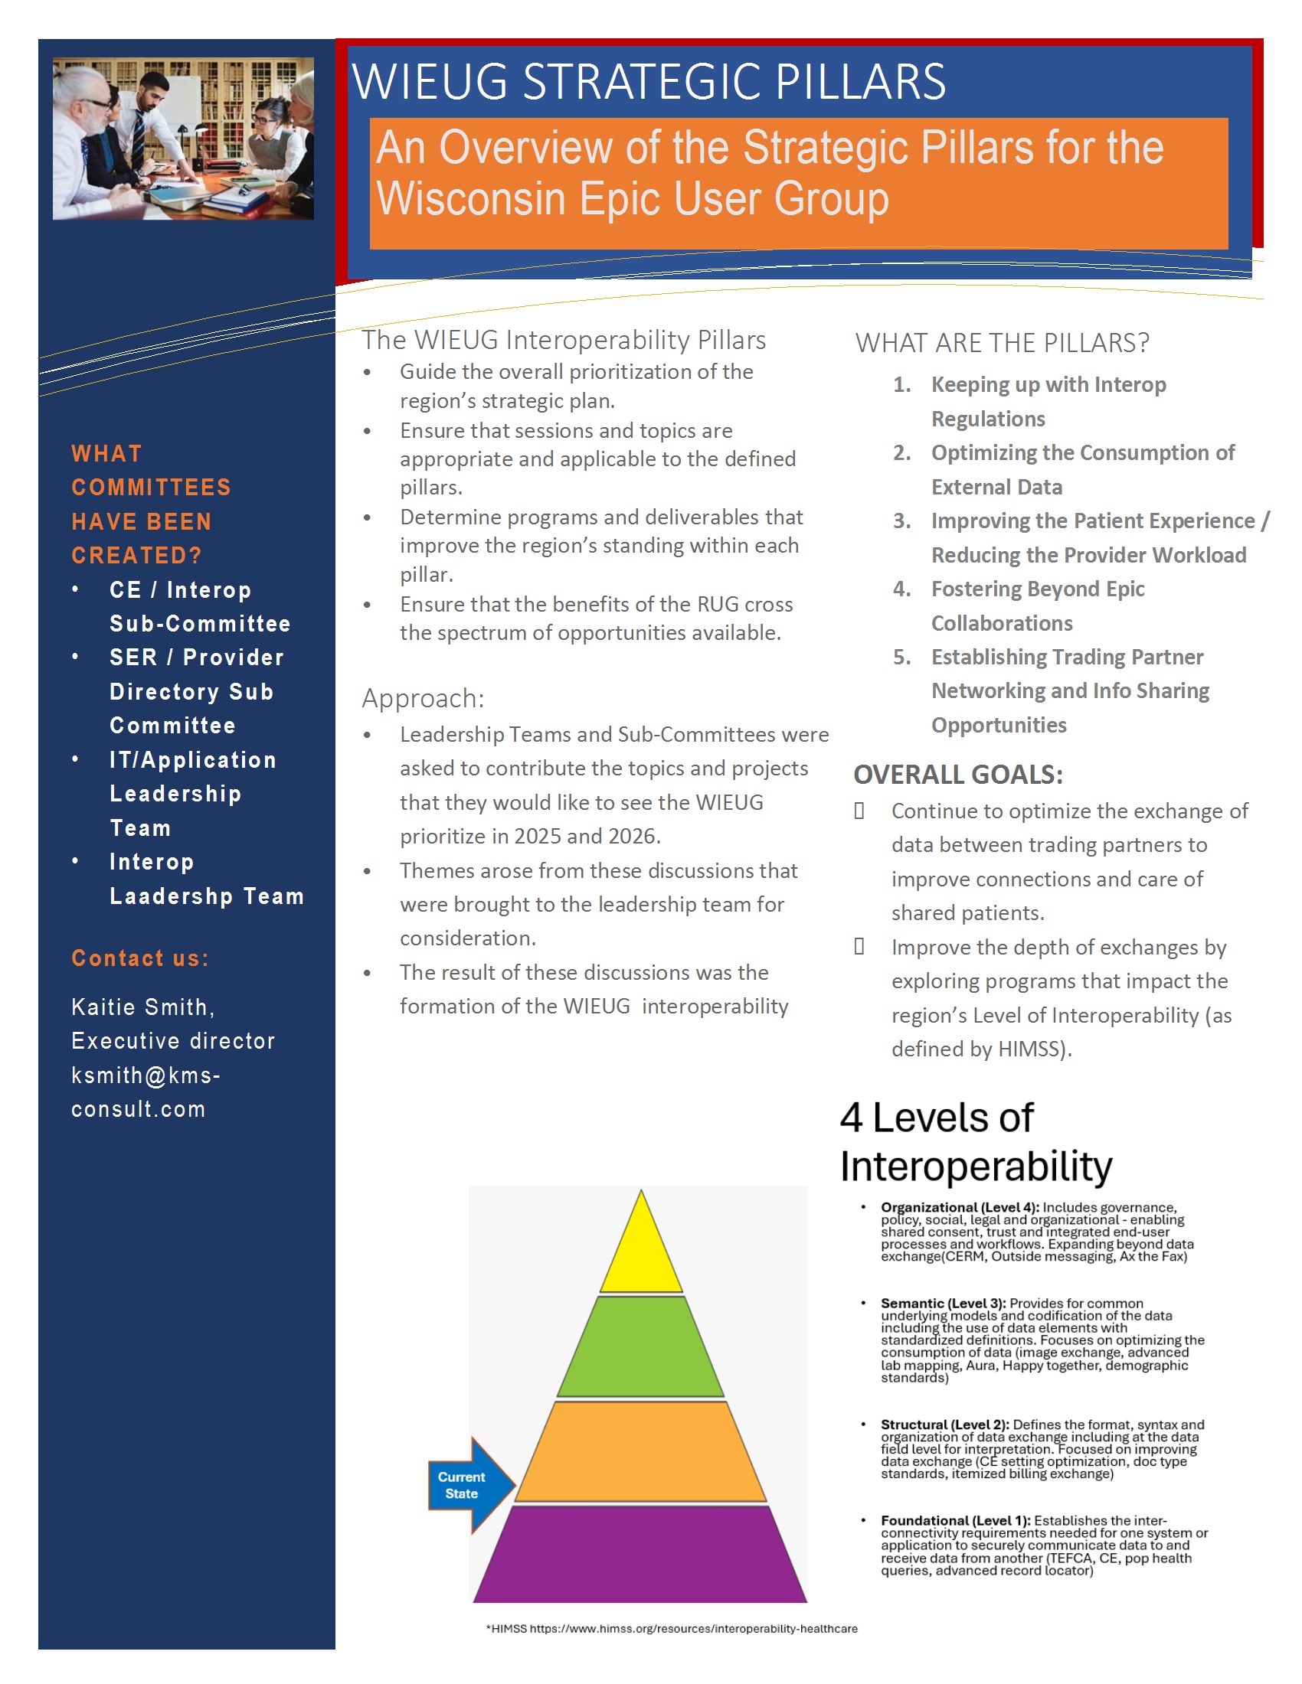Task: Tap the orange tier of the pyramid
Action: click(641, 1452)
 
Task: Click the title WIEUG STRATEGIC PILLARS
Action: click(649, 81)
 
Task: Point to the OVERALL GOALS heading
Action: click(958, 774)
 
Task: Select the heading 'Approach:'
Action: click(424, 698)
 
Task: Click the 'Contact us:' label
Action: click(139, 958)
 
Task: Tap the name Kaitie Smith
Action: click(142, 1007)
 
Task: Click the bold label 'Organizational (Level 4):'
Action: click(960, 1206)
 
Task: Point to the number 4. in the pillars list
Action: click(901, 589)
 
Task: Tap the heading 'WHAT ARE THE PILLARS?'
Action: click(1002, 342)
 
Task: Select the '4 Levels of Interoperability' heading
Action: click(975, 1141)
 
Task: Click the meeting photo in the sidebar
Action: click(183, 138)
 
